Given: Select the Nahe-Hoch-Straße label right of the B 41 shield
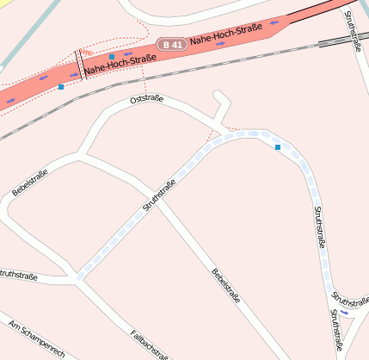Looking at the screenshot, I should tap(225, 35).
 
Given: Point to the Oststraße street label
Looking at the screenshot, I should tap(145, 101).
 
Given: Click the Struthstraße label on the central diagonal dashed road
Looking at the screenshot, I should tap(160, 196).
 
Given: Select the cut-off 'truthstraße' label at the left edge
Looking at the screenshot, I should tap(17, 276).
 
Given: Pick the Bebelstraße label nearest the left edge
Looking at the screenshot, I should tap(30, 183).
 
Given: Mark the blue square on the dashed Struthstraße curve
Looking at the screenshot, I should tap(278, 148).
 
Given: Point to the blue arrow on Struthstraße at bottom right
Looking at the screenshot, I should tap(344, 313).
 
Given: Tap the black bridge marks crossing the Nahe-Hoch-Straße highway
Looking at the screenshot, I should tap(80, 62).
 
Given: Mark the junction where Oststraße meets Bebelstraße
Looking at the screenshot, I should tap(82, 156).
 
